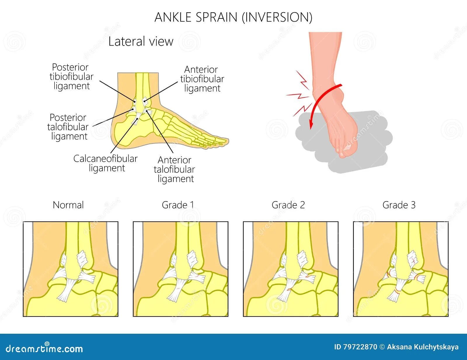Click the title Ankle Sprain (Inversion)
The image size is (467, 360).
coord(233,17)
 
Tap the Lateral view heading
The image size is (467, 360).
coord(141,41)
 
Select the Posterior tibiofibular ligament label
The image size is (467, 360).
coord(71,77)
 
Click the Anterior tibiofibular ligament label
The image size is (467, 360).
coord(202,79)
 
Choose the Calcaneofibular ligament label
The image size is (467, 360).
coord(105,163)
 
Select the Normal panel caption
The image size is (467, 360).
coord(68,205)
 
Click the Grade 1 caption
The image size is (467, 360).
coord(178,205)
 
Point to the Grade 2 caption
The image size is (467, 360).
coord(288,205)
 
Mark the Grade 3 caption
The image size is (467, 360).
coord(399,205)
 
